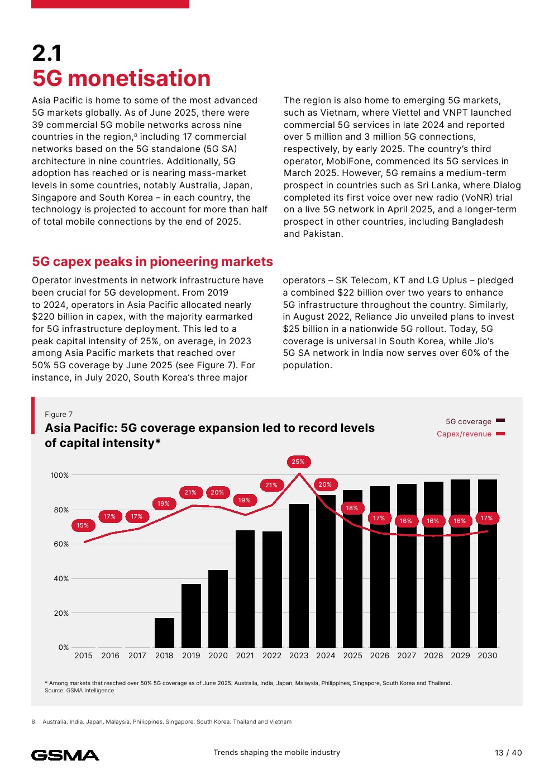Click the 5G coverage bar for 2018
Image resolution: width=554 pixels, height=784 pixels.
point(164,633)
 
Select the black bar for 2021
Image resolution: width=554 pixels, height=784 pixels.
point(245,589)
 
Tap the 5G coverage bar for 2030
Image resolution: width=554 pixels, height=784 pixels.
point(488,563)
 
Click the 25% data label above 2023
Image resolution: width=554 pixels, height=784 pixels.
point(298,462)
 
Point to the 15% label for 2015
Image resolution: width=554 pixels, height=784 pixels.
point(83,525)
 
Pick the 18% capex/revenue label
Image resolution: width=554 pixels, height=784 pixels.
point(352,508)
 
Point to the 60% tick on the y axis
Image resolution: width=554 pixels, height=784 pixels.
point(61,544)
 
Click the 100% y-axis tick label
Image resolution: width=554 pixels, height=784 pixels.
point(60,475)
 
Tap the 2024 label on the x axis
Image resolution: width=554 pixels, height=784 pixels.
point(326,655)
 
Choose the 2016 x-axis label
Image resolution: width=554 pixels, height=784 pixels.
point(110,655)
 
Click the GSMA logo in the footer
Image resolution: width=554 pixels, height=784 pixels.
point(65,755)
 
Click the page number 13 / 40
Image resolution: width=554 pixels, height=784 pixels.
point(508,753)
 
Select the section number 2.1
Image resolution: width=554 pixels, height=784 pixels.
point(47,54)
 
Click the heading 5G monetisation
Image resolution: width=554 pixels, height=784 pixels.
point(121,78)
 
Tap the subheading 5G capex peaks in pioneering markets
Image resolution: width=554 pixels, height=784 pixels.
point(152,262)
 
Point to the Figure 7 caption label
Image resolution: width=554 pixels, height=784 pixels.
point(59,414)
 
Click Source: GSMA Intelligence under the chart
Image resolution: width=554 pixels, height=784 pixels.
point(79,691)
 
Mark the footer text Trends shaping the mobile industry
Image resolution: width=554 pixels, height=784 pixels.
point(276,752)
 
